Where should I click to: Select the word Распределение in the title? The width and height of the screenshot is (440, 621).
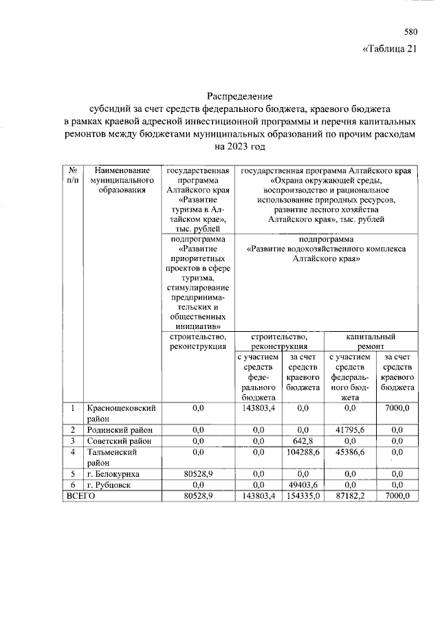[241, 96]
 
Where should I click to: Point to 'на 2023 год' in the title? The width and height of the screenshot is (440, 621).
[240, 146]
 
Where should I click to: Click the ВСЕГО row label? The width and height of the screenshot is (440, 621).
[80, 496]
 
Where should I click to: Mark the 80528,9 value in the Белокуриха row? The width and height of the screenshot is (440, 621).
[199, 474]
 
